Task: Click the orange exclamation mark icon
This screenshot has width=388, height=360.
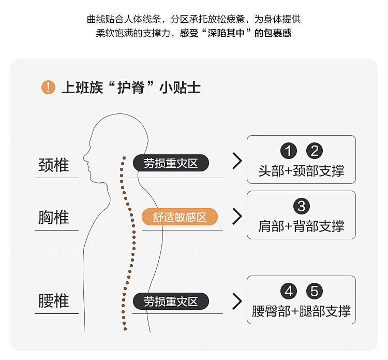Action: pyautogui.click(x=48, y=87)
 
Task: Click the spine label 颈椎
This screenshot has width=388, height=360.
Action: pyautogui.click(x=54, y=165)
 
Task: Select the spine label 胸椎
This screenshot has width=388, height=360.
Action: pyautogui.click(x=54, y=217)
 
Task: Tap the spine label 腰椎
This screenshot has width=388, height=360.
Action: pyautogui.click(x=54, y=300)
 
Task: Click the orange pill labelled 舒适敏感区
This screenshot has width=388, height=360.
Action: pyautogui.click(x=180, y=217)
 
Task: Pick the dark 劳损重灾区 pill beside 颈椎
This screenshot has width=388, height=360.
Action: pyautogui.click(x=171, y=164)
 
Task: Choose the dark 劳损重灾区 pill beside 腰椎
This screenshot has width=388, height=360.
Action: pyautogui.click(x=171, y=301)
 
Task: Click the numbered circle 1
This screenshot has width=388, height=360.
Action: pyautogui.click(x=289, y=151)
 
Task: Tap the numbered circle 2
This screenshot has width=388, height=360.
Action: pyautogui.click(x=314, y=151)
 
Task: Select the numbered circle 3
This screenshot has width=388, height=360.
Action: pyautogui.click(x=301, y=206)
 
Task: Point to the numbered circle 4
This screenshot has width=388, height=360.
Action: pyautogui.click(x=289, y=291)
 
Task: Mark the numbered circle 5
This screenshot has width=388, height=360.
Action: pyautogui.click(x=314, y=291)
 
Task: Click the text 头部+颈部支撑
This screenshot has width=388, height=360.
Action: pyautogui.click(x=301, y=170)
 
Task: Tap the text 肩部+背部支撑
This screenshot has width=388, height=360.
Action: pyautogui.click(x=301, y=226)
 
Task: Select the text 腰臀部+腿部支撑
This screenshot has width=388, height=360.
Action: pyautogui.click(x=301, y=311)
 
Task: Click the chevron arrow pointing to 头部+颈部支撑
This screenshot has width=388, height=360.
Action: pyautogui.click(x=237, y=161)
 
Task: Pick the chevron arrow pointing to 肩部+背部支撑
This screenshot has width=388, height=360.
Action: pyautogui.click(x=237, y=216)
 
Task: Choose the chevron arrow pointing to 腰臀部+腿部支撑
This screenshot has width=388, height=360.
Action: pyautogui.click(x=237, y=301)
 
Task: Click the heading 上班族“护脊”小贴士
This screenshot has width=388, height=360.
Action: pyautogui.click(x=130, y=88)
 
